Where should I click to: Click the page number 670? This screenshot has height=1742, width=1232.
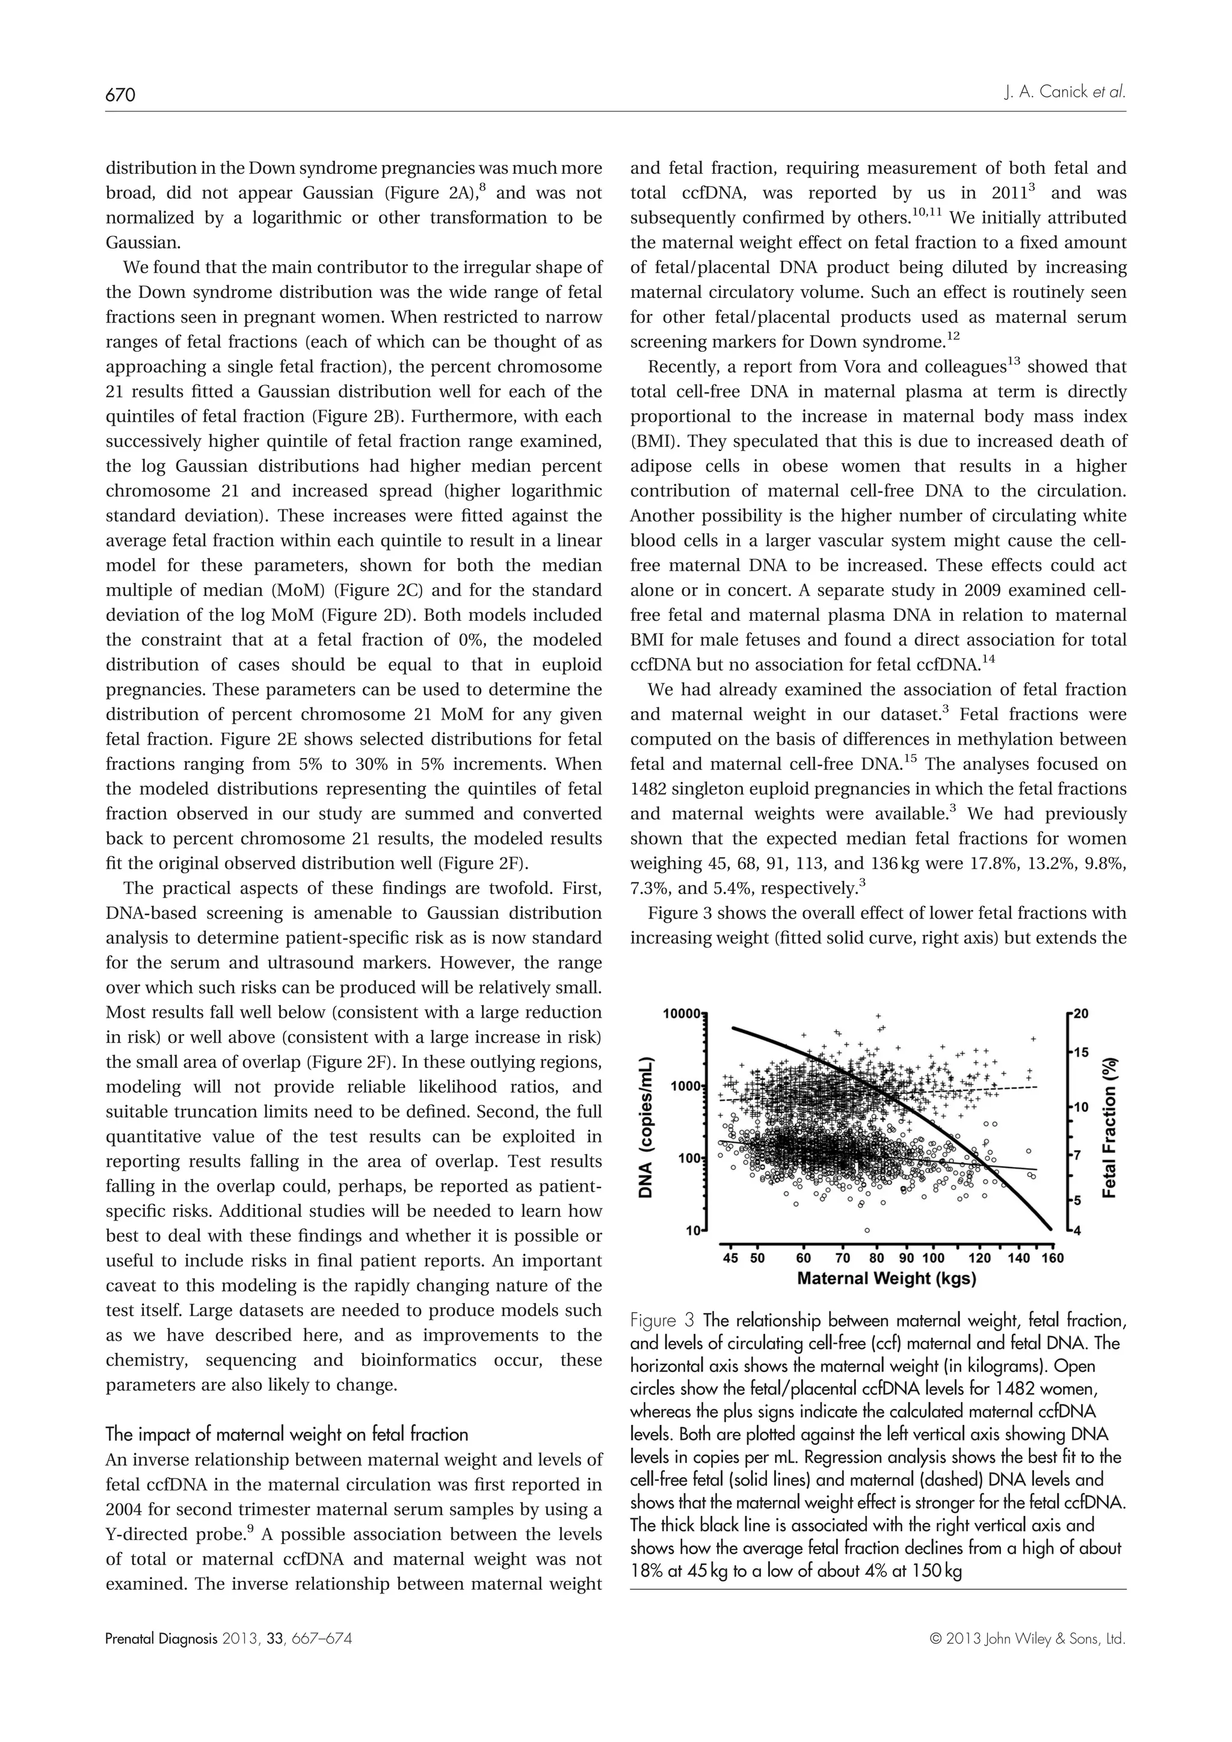(x=120, y=95)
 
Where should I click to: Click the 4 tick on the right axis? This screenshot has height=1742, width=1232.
(x=1078, y=1230)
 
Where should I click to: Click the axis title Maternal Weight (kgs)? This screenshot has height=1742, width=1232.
(x=886, y=1279)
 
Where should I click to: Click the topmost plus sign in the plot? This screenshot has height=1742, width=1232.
(x=878, y=1015)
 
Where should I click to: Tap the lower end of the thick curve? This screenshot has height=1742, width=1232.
(x=1050, y=1228)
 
